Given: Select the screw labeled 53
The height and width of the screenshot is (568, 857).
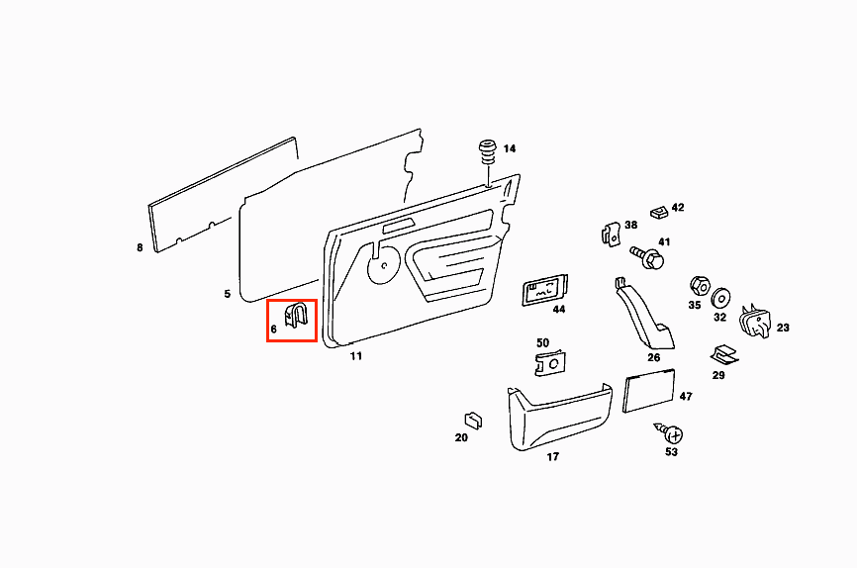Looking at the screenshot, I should (672, 432).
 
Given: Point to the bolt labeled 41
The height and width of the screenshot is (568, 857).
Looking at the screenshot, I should (650, 258).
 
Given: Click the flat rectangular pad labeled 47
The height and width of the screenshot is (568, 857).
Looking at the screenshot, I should (649, 392).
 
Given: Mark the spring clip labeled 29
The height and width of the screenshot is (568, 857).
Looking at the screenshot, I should (721, 354).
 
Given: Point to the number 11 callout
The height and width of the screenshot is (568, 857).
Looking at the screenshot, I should (356, 356).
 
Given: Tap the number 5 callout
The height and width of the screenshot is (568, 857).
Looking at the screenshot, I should (227, 294).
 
